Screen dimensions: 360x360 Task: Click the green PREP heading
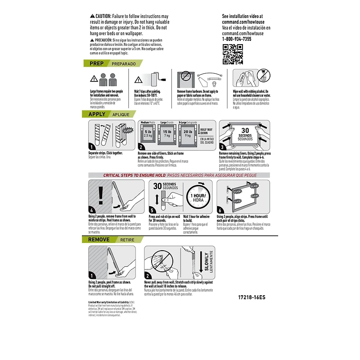click(x=96, y=63)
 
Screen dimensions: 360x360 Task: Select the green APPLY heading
click(x=97, y=114)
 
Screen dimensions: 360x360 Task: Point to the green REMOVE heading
click(x=99, y=240)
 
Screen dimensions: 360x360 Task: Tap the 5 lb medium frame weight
click(x=148, y=134)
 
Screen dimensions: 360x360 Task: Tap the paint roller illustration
click(x=150, y=81)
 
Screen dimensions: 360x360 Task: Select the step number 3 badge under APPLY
click(x=221, y=147)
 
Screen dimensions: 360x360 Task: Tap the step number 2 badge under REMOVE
click(x=148, y=275)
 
